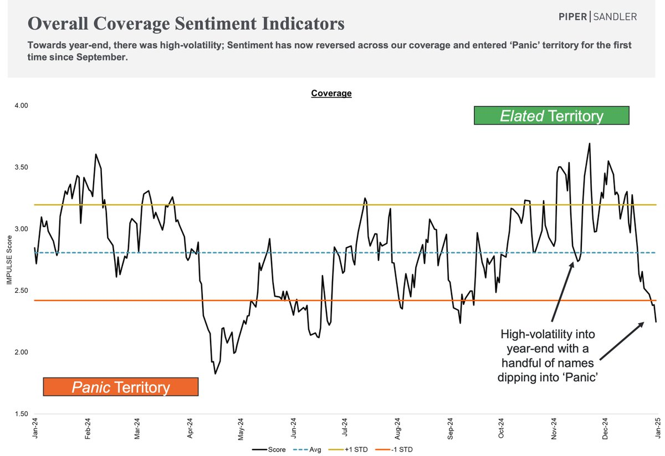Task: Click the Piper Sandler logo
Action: pos(597,17)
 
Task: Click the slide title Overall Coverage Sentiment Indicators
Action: pos(186,24)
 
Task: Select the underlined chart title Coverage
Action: pos(331,94)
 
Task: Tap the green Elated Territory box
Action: pos(551,116)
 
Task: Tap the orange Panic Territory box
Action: pos(121,387)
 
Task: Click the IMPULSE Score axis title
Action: pos(9,260)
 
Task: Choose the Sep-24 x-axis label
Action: pos(451,429)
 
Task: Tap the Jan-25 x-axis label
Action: pos(656,429)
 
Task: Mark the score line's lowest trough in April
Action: pos(215,374)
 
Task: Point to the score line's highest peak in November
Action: pos(589,143)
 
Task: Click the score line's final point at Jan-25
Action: pos(656,322)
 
